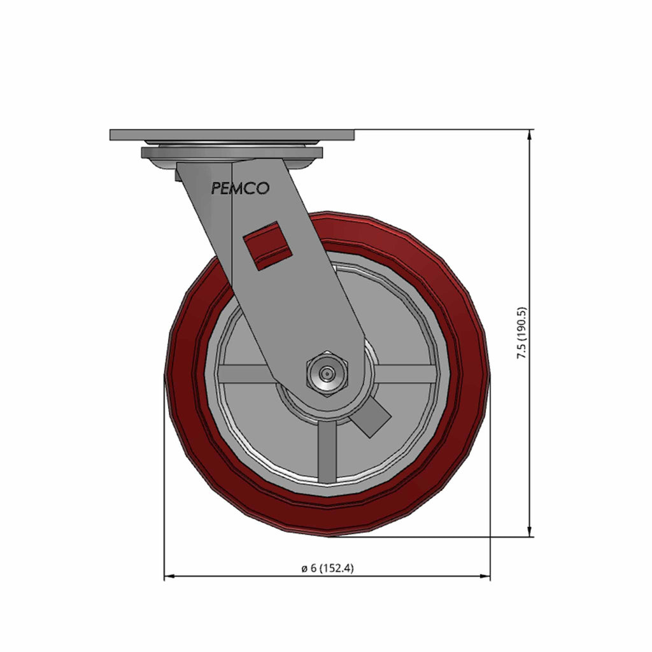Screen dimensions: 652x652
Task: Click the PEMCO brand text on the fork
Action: pos(240,188)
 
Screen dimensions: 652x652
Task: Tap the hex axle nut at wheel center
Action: pos(327,374)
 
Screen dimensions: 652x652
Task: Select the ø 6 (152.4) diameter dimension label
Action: pos(328,568)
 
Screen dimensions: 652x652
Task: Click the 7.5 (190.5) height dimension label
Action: pos(521,333)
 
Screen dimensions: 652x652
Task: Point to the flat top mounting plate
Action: pos(232,135)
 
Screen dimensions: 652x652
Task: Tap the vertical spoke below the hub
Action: pos(327,451)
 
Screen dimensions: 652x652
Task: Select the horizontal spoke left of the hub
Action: pos(245,374)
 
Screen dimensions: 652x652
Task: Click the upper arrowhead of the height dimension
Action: pos(529,134)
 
